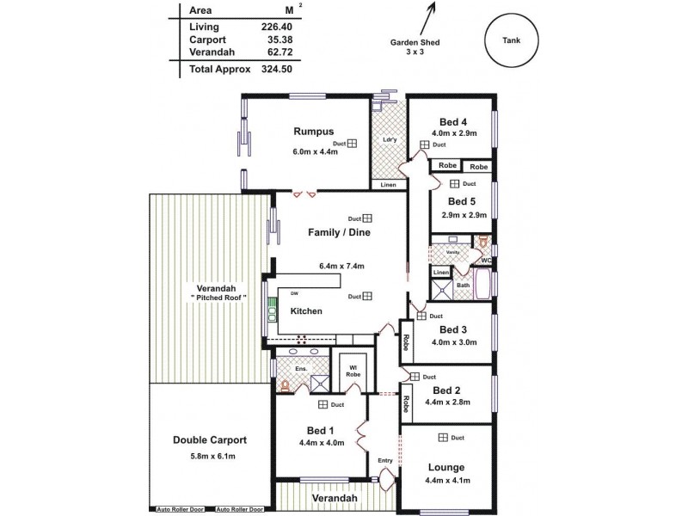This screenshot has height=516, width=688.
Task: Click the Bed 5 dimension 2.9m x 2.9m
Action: [x=464, y=215]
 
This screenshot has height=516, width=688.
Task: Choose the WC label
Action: [x=487, y=260]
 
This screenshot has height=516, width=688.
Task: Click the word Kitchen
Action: [x=306, y=310]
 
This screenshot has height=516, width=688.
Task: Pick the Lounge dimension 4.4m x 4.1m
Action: [x=445, y=481]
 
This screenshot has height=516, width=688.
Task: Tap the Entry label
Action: [x=385, y=461]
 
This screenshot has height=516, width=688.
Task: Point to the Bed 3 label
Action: [x=452, y=329]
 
